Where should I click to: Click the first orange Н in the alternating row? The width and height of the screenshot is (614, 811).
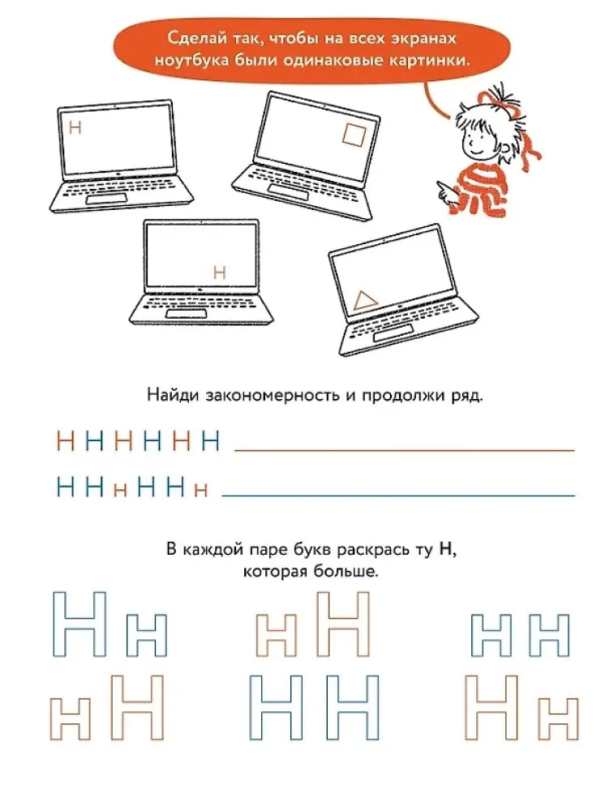pos(66,442)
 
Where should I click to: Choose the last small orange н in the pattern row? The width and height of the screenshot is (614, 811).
pos(201,490)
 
